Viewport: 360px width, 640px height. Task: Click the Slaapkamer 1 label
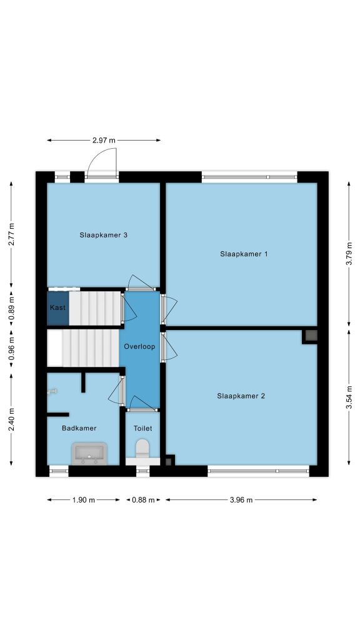[244, 254]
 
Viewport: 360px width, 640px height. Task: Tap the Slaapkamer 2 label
[241, 396]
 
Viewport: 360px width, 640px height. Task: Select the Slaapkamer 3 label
[103, 235]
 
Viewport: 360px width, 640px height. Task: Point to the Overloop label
[139, 346]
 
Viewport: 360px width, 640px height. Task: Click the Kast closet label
[57, 307]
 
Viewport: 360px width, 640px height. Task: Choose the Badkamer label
[79, 428]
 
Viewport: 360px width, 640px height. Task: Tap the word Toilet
[142, 428]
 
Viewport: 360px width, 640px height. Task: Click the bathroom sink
[89, 454]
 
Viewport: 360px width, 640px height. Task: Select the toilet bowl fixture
[142, 449]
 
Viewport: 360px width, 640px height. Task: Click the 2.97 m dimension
[104, 141]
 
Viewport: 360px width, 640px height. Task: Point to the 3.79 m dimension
[349, 254]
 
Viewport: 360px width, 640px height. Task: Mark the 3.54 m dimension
[349, 396]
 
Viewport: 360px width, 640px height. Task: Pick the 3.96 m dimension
[241, 500]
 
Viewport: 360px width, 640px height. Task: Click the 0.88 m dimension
[143, 500]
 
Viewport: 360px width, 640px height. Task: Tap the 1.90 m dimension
[83, 500]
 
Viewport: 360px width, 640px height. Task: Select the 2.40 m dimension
[11, 419]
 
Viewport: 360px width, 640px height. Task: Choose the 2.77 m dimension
[11, 234]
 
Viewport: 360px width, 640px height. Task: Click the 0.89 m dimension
[11, 307]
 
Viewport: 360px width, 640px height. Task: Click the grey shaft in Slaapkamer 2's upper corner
[311, 336]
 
